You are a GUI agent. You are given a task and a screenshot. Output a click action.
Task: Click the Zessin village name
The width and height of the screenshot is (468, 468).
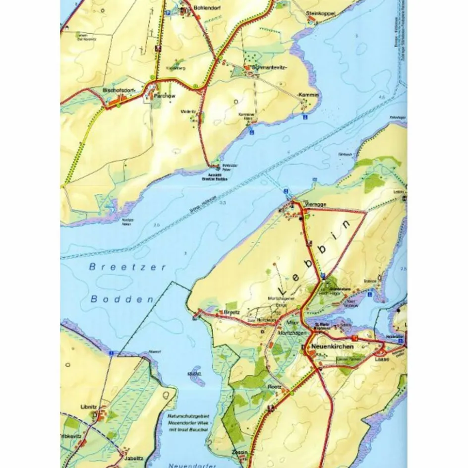click(x=239, y=453)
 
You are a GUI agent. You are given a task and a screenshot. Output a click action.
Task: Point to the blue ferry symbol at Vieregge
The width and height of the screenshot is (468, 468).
click(x=286, y=190)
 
